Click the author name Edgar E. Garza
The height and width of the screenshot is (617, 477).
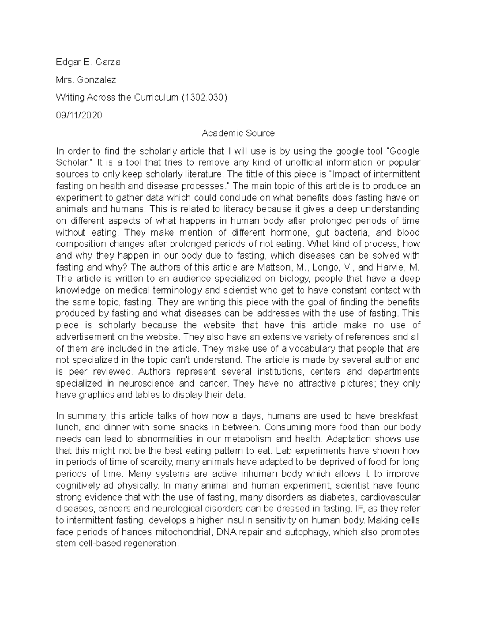click(88, 62)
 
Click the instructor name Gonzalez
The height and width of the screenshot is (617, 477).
click(96, 80)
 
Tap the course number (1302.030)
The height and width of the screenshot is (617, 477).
click(204, 98)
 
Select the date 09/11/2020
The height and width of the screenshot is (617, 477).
click(79, 116)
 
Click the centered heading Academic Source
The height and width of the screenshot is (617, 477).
click(238, 133)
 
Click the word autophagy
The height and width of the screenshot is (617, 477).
click(306, 532)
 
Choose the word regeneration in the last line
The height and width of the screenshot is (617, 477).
click(152, 544)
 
